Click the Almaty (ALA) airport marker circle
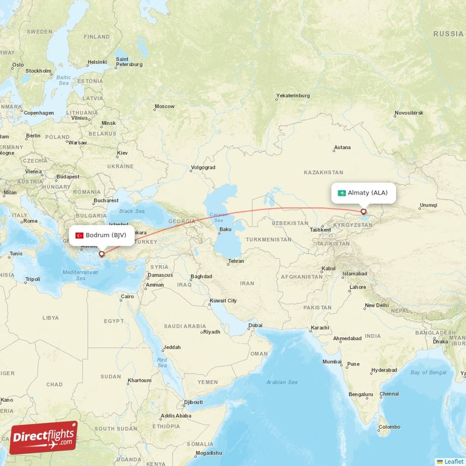[363, 212]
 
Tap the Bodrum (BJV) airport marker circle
[101, 253]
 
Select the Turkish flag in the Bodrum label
[79, 235]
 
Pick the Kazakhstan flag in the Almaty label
[341, 193]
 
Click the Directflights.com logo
[44, 437]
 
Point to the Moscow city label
[164, 107]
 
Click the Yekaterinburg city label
[292, 96]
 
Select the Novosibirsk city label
[411, 112]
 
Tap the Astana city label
[343, 147]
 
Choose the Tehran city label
[235, 261]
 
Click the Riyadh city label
[211, 332]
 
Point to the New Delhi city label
[376, 305]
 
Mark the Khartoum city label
[139, 380]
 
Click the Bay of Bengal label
[428, 372]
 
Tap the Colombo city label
[389, 427]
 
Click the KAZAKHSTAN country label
[323, 172]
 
